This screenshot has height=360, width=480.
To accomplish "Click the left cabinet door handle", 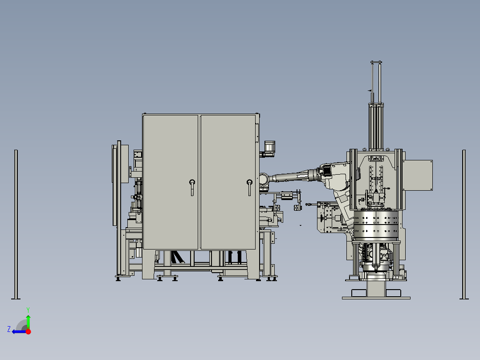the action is click(x=192, y=187).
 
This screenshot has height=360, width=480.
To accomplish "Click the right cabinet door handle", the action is click(x=249, y=187).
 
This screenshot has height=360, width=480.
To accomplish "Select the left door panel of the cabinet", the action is click(x=171, y=182).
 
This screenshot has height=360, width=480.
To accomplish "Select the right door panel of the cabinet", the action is click(x=228, y=182).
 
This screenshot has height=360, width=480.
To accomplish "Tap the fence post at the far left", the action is click(x=16, y=224).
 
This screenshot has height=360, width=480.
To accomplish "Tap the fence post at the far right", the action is click(x=464, y=224).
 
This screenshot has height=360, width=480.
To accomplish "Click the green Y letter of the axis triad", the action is click(x=28, y=310).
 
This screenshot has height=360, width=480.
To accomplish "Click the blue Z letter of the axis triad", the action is click(x=9, y=329).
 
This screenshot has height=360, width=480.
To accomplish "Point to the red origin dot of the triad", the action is click(x=28, y=331).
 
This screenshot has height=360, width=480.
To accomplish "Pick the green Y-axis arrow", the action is click(x=28, y=322).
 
